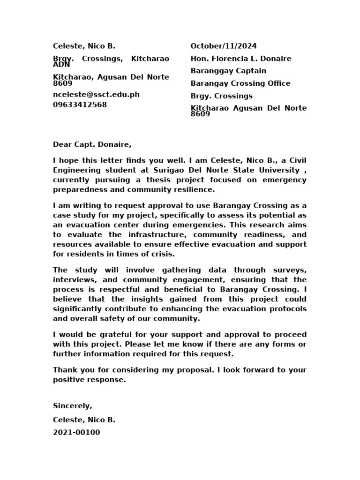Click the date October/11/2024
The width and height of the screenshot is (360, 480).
224,46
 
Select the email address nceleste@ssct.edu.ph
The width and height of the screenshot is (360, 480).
96,94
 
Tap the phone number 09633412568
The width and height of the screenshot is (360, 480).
80,105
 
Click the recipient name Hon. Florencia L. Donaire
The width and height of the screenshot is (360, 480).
241,59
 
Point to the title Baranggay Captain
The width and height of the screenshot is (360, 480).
228,71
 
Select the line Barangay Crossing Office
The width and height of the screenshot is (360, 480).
240,83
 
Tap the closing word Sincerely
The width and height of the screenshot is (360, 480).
73,406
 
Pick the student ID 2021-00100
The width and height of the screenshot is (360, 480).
76,433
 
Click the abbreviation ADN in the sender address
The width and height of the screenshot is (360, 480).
61,65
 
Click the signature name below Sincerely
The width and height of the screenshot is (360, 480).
84,420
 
